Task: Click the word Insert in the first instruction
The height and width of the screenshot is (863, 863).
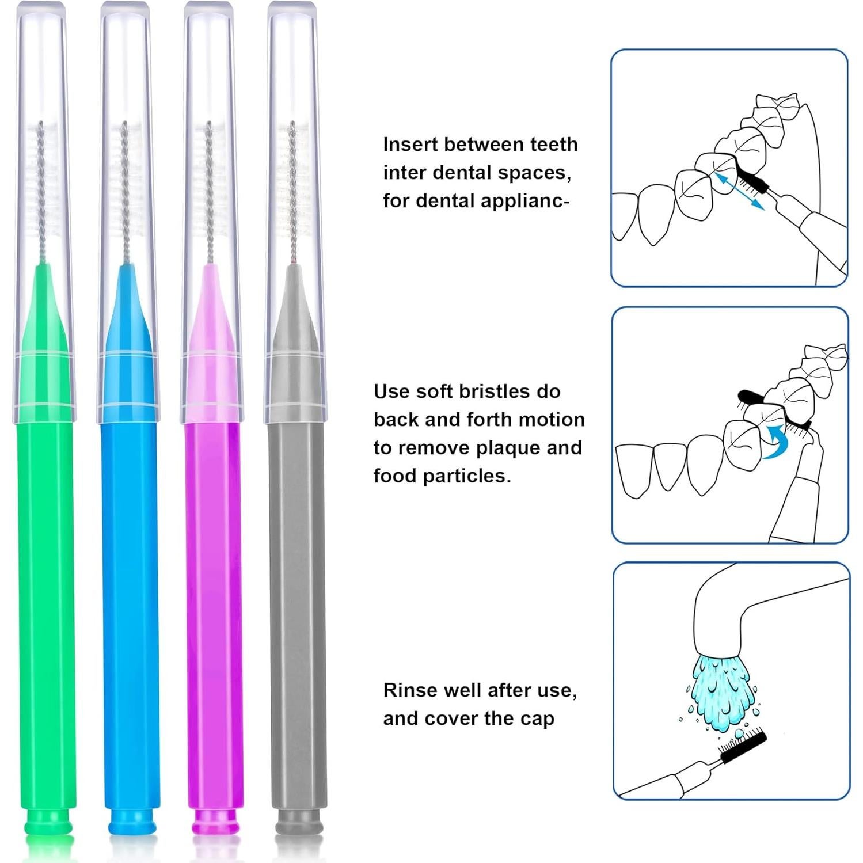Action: pos(410,145)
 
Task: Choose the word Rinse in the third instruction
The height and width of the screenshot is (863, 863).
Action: pos(410,690)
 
